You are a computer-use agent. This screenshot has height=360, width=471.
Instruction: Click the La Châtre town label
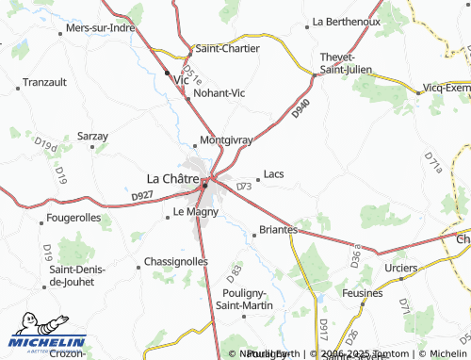coord(172,177)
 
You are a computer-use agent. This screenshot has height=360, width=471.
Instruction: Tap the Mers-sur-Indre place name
coord(102,28)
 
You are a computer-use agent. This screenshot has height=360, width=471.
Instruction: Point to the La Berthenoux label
coord(346,21)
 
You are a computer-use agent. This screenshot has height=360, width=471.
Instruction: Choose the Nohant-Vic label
coord(218,93)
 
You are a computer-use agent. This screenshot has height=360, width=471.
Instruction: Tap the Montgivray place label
coord(226,140)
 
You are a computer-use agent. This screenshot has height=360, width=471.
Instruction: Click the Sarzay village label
coord(92,137)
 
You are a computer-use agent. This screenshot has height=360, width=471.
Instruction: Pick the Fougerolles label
coord(73,218)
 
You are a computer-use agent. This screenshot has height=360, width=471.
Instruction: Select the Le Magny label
coord(196,212)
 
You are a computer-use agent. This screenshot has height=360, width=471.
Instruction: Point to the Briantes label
coord(278,229)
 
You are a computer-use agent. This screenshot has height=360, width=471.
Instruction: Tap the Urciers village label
coord(402,268)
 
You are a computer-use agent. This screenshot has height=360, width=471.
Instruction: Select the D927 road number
coord(142,196)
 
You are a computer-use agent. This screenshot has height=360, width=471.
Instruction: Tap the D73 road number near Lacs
coord(244,187)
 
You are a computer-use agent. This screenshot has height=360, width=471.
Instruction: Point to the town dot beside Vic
coord(168,74)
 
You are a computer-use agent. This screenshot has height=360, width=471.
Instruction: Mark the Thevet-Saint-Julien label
coord(346,63)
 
